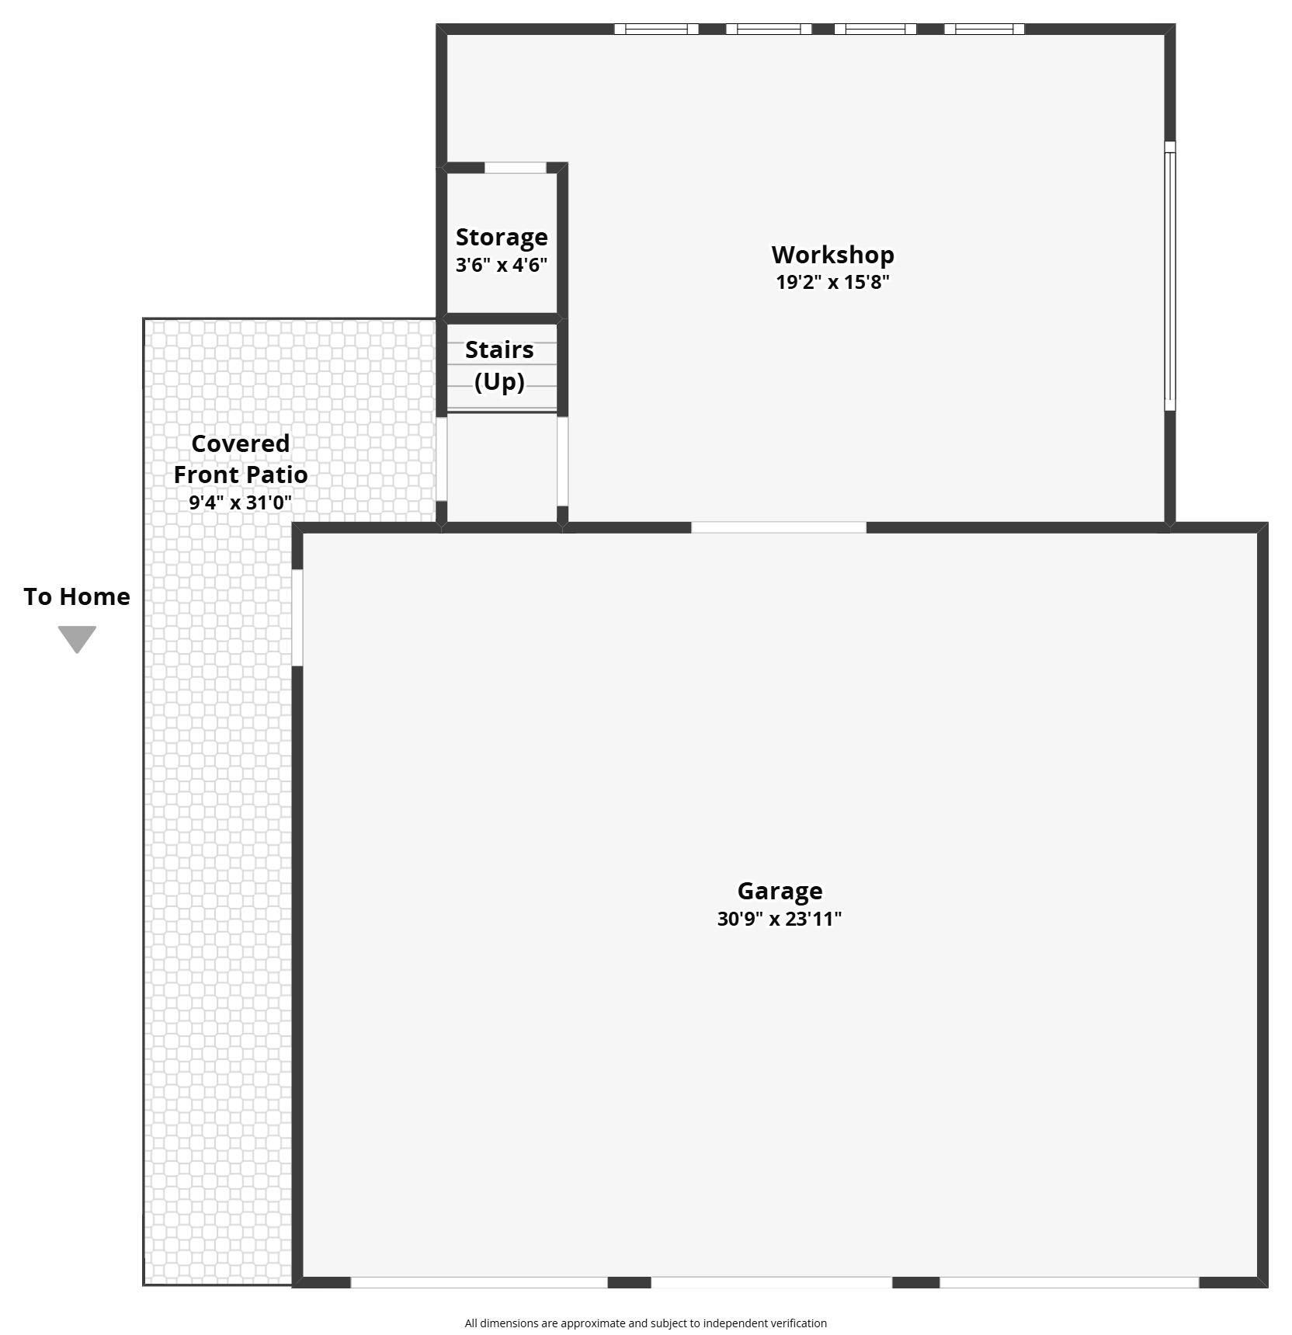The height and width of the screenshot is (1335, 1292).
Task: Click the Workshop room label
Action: point(832,255)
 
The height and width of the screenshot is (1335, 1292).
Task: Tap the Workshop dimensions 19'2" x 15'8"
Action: point(832,282)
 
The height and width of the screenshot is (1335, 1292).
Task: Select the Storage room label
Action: point(502,237)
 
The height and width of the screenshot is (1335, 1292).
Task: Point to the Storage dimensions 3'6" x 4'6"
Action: point(502,265)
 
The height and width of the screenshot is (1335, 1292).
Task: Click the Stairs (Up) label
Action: point(499,365)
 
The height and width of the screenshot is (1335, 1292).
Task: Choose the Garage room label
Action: point(780,891)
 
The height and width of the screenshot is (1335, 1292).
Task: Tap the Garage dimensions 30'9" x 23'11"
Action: point(780,919)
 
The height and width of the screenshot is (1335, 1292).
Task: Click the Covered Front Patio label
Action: point(241,459)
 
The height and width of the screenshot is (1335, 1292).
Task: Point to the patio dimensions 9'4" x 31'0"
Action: point(241,502)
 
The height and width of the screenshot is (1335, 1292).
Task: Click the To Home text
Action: point(77,596)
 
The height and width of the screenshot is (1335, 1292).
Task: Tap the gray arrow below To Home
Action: point(77,639)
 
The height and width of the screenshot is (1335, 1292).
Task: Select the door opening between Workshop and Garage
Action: point(779,527)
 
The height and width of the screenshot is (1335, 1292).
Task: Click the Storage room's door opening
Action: point(516,168)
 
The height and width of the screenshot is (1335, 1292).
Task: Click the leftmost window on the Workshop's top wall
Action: point(656,30)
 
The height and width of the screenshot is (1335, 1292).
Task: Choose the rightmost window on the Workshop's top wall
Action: point(984,30)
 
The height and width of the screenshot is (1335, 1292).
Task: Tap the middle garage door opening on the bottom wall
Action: point(771,1282)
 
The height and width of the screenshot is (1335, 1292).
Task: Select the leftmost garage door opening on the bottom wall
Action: point(479,1282)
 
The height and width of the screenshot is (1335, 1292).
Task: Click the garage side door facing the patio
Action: point(297,617)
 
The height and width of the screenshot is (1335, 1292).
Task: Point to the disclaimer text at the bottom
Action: point(646,1323)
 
